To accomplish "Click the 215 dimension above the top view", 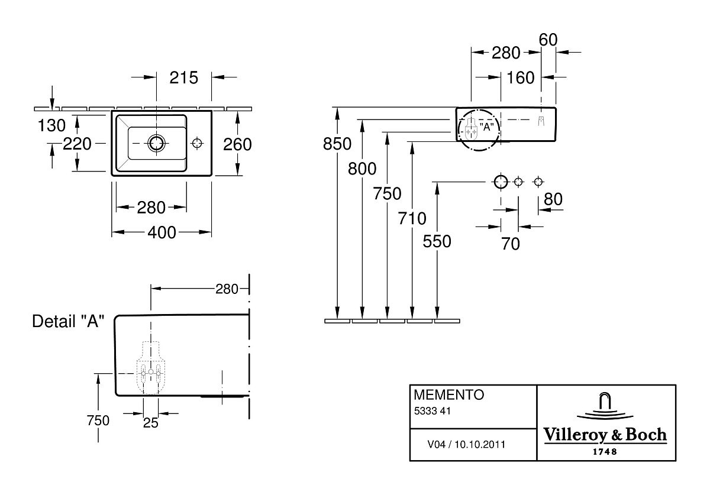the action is pos(184,77).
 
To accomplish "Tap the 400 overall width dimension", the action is pos(162,232).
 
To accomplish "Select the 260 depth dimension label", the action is pos(237,144).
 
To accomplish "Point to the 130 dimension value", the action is pos(51,125).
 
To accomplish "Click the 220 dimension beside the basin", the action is pos(77,144).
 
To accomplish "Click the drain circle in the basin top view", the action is pos(156,143).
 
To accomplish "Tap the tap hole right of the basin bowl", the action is pos(197,143).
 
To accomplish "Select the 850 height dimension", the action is pos(337,144).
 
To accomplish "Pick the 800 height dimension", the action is pos(362,169).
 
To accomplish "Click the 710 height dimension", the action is pos(412,218).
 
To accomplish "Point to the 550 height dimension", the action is pos(437,241).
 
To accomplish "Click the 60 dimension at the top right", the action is pos(548,40).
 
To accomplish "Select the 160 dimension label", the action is pos(521,77).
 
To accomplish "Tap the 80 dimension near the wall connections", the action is pos(553,199).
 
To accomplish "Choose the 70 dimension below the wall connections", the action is pos(510,244).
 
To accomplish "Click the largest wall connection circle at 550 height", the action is pos(501,182).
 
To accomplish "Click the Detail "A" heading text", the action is pos(68,321).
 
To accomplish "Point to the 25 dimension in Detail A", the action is pos(150,423).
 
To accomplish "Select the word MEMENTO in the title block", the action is pos(449,395).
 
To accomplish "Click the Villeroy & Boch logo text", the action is pos(605,435).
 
